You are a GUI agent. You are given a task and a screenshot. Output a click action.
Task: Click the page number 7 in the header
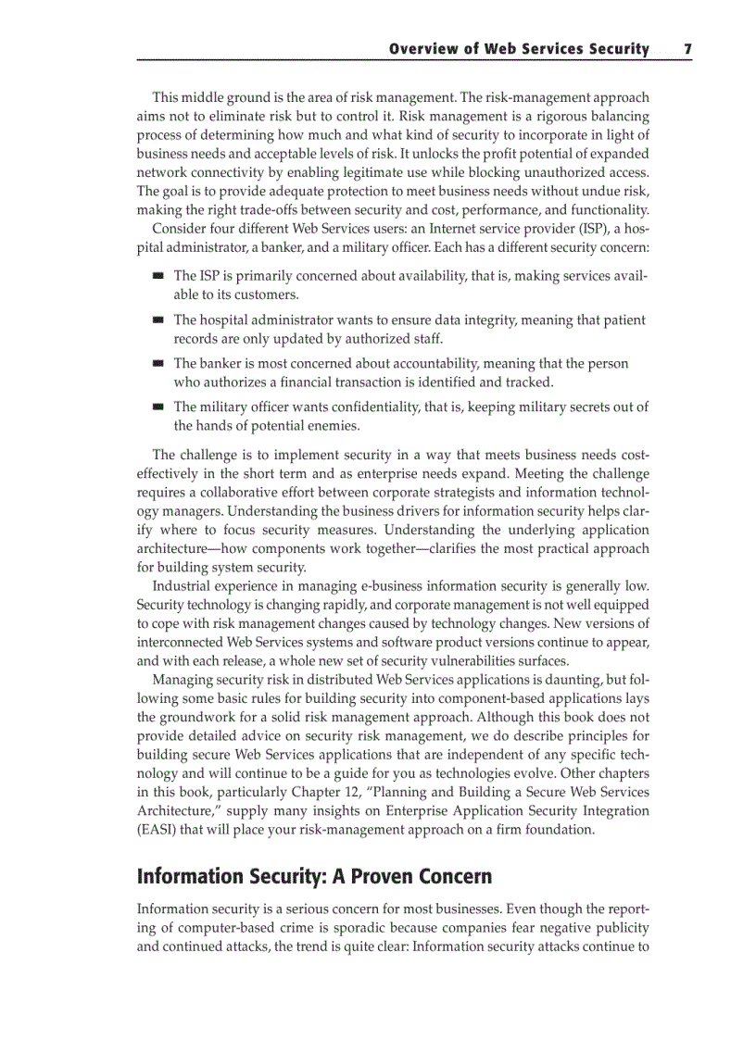pyautogui.click(x=687, y=49)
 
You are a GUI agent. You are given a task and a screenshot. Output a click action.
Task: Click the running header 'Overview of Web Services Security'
pyautogui.click(x=519, y=49)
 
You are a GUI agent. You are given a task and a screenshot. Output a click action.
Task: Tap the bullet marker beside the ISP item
pyautogui.click(x=158, y=276)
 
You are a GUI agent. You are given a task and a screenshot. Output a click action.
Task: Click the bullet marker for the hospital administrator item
pyautogui.click(x=158, y=320)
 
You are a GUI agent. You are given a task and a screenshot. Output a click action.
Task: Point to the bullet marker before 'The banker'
pyautogui.click(x=158, y=364)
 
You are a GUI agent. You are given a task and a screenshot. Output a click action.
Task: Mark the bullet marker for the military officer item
pyautogui.click(x=158, y=407)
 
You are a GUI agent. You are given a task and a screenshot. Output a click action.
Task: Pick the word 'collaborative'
pyautogui.click(x=234, y=492)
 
